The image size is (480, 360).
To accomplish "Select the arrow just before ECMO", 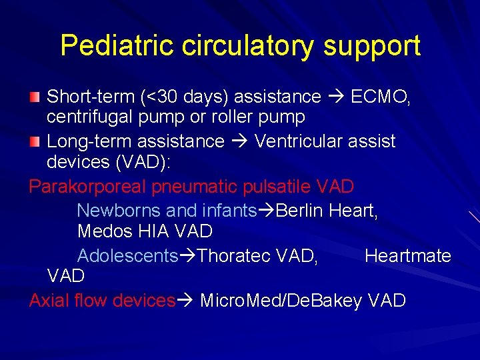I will coord(337,97).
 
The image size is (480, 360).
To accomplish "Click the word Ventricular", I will coord(325,141).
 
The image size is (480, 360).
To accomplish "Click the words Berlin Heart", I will coord(327,211).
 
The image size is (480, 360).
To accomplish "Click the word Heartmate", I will coord(407,256).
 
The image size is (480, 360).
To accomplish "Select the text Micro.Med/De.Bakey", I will coord(281,301).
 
